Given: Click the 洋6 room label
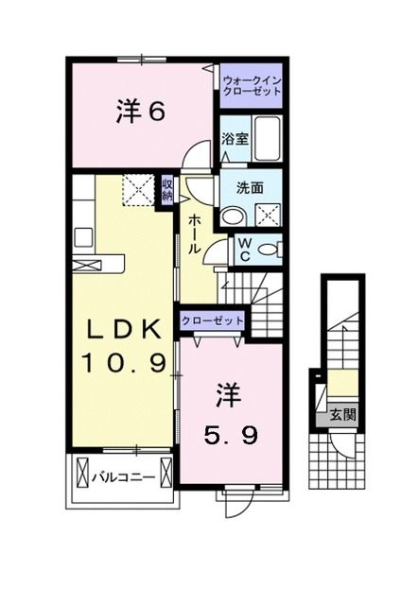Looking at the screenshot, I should point(142,112).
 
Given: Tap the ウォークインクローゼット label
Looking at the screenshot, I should point(252,87).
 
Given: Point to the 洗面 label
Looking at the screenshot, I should point(236,187).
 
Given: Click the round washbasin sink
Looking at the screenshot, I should point(230,216).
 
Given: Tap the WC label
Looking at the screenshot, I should point(243,249).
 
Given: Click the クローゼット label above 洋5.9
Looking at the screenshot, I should point(212,320).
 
